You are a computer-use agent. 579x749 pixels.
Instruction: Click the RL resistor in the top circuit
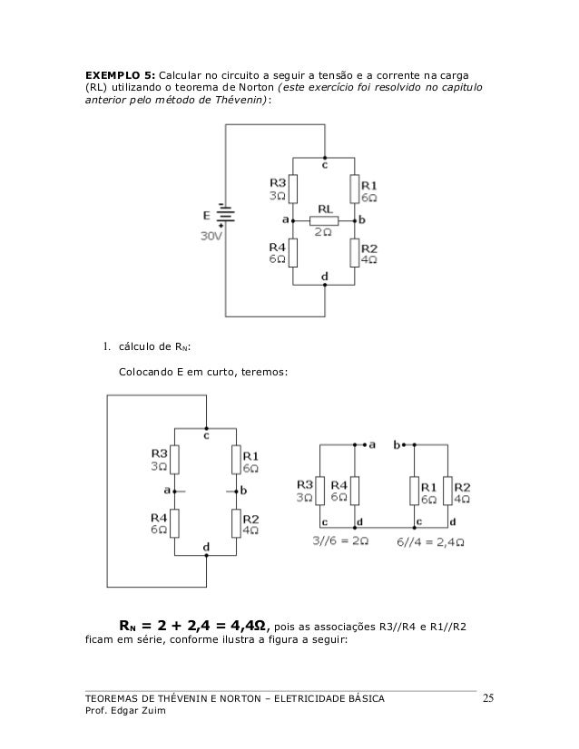point(323,220)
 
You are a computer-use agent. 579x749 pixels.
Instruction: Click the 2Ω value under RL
point(324,233)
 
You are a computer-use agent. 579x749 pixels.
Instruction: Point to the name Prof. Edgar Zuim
point(123,711)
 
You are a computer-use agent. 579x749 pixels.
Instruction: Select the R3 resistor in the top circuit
point(293,189)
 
